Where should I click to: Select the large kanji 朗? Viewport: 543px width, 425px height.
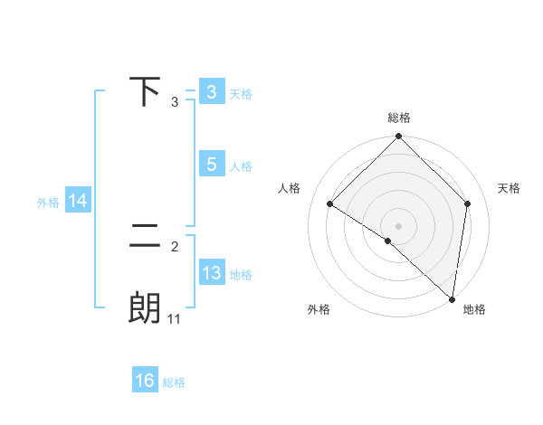point(145,308)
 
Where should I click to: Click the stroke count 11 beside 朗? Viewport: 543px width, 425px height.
point(175,318)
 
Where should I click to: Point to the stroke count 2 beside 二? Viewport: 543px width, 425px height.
point(175,245)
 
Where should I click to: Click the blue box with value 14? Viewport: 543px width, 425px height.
point(78,202)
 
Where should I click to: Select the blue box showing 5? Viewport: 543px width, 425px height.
point(211,165)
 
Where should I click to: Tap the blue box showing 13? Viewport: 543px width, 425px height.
point(211,273)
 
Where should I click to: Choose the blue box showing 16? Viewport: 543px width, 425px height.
point(145,381)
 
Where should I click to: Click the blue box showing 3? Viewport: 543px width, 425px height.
point(211,92)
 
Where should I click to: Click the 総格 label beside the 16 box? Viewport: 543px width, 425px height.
point(174,382)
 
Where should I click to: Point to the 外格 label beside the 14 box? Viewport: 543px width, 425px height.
point(48,203)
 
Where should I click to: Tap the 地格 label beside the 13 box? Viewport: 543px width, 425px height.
point(241,275)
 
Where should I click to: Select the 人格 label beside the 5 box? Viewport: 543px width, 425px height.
point(241,166)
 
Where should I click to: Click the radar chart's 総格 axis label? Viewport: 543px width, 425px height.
point(399,118)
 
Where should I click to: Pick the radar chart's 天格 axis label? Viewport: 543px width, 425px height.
point(510,188)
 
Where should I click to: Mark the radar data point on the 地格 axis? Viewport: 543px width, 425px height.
point(452,299)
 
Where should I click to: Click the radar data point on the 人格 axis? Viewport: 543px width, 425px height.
point(330,203)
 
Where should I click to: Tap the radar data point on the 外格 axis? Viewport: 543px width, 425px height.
point(387,241)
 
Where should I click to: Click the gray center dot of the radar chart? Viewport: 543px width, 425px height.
point(399,225)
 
